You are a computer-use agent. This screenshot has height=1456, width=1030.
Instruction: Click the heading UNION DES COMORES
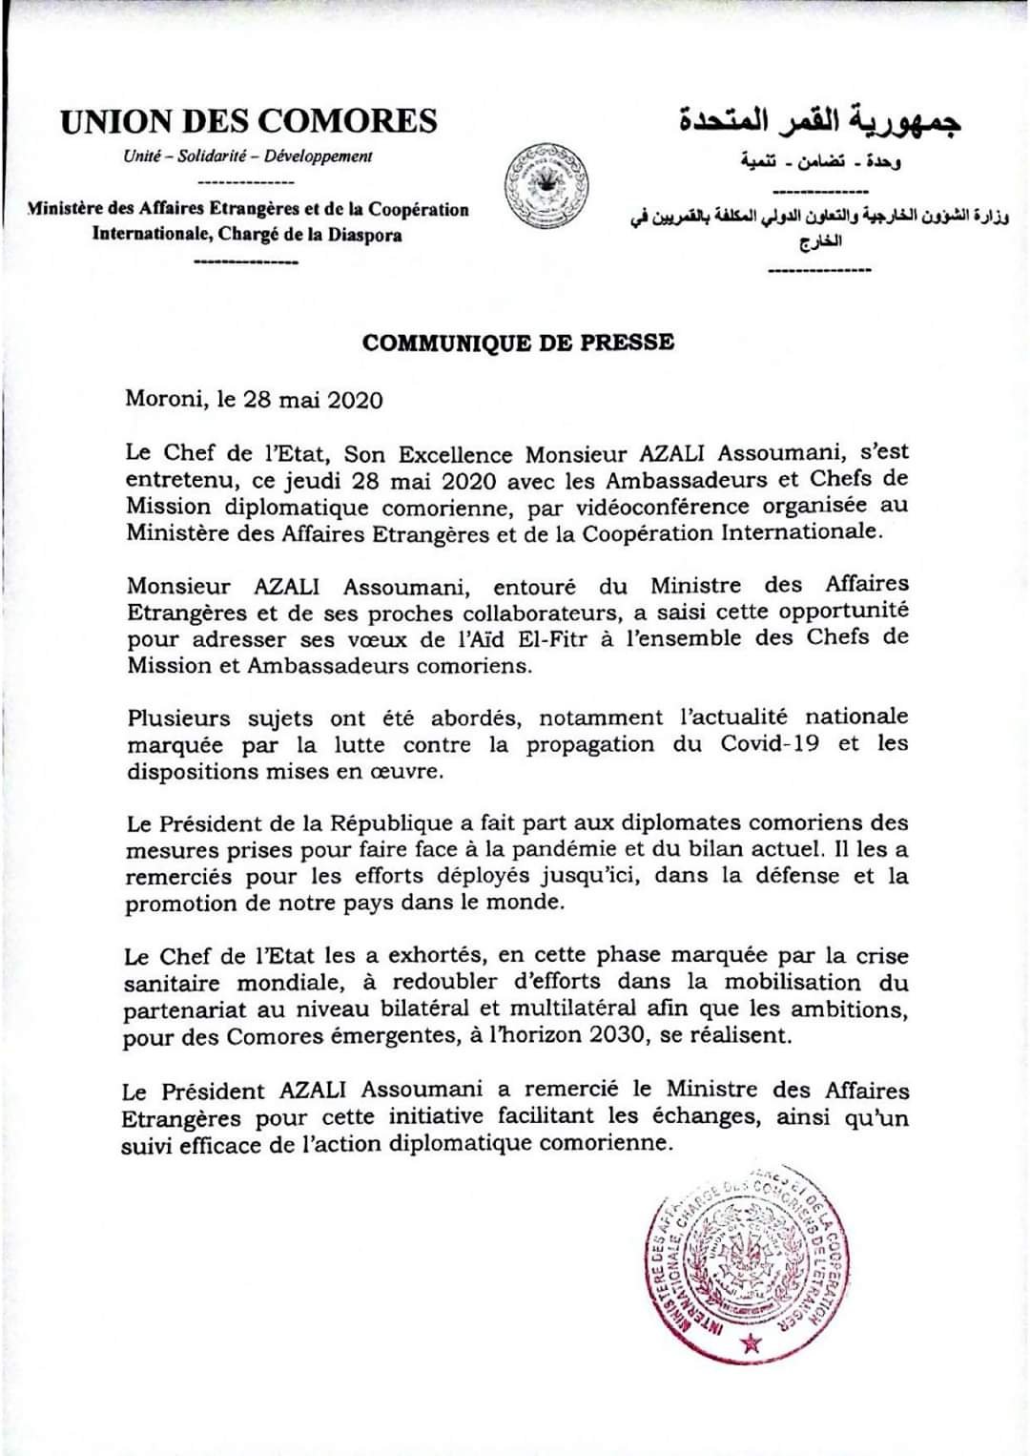[249, 121]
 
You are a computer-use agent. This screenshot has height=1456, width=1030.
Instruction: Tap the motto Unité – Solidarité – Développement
[248, 156]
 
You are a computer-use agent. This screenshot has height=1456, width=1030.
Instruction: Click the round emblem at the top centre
[546, 186]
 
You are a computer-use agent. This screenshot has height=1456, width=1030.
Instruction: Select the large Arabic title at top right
[820, 121]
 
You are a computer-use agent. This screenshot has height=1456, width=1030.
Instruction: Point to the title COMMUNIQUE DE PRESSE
[518, 343]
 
